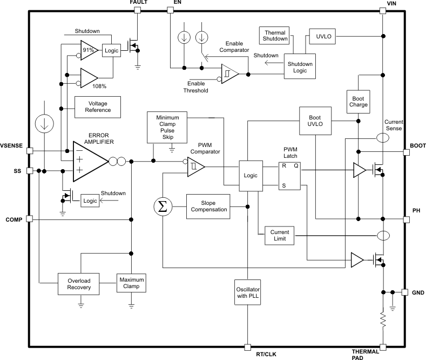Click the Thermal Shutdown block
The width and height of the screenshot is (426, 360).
coord(274,36)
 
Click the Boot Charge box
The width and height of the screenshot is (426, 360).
coord(359,101)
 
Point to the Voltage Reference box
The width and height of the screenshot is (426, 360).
coord(97,106)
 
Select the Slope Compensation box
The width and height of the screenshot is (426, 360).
coord(209,206)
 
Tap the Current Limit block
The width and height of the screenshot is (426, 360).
coord(279,236)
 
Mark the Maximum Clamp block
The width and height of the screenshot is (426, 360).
coord(132,282)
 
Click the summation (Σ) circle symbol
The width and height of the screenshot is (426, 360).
coord(163,206)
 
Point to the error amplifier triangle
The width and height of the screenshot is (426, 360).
coord(87,160)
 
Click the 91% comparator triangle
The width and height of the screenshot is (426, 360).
coord(87,50)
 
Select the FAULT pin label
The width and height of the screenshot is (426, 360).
coord(138,3)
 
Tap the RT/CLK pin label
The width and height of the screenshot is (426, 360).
coord(266,354)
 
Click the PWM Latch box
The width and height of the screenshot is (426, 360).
coord(290,176)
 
